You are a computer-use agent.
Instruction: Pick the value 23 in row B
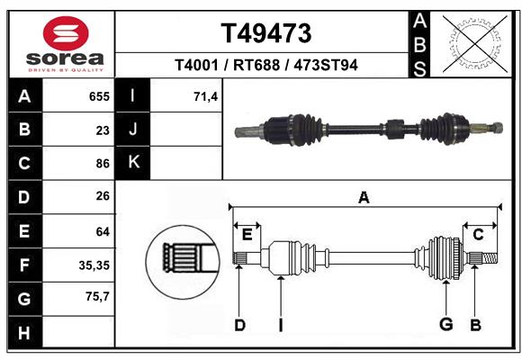point(103,130)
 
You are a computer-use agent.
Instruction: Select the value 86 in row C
point(103,164)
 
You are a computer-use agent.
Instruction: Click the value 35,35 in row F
point(94,265)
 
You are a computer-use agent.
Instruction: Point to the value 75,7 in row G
point(97,298)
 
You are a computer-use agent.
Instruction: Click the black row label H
point(24,332)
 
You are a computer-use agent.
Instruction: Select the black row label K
point(133,163)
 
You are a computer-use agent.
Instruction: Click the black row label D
point(24,197)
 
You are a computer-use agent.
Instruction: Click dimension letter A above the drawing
point(364,197)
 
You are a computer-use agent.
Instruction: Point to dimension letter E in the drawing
point(247,234)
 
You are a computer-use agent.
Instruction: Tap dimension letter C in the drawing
point(479,234)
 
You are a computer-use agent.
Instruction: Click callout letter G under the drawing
point(445,324)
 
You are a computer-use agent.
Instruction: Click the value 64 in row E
point(103,231)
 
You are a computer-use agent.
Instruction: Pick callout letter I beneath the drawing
point(281,325)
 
